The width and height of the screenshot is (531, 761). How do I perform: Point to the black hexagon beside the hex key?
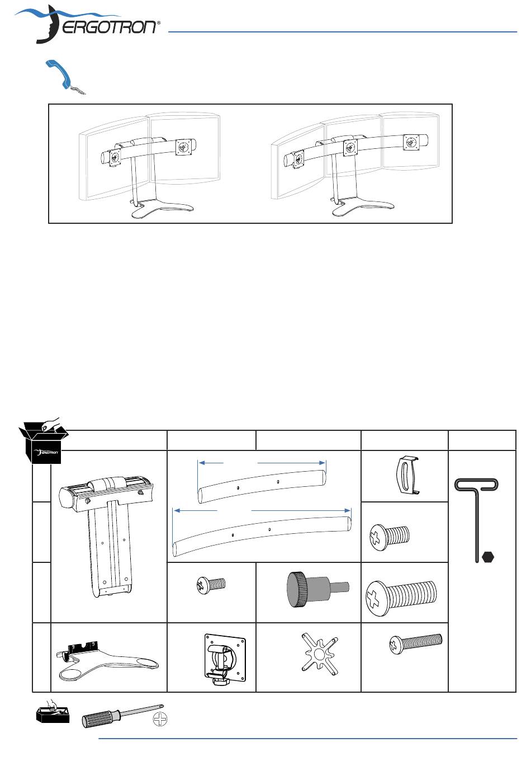[487, 557]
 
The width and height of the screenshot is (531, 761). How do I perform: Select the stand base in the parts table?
[108, 662]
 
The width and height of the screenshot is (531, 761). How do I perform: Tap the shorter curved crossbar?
[262, 486]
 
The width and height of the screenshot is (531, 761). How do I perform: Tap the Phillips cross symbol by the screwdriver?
[160, 719]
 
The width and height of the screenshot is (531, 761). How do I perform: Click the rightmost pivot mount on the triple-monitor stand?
[411, 142]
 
